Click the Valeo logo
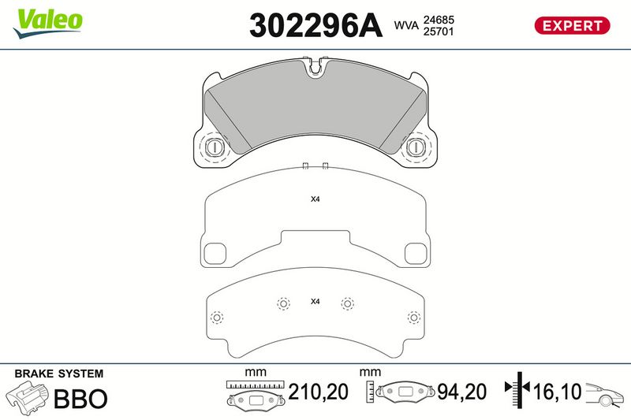tap(48, 24)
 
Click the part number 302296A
tap(315, 26)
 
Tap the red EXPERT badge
tap(572, 26)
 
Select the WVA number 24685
tap(439, 20)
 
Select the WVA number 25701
tap(439, 32)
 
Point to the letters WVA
tap(406, 25)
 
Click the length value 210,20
tap(318, 392)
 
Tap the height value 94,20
tap(461, 392)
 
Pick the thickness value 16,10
tap(558, 392)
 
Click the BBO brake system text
tap(80, 399)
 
